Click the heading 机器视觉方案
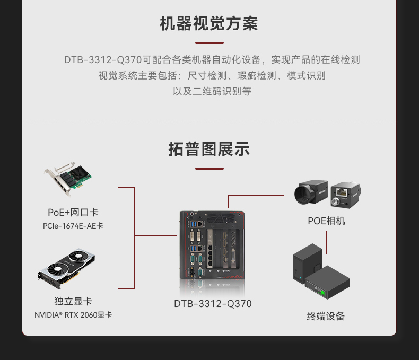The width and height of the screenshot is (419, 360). [209, 24]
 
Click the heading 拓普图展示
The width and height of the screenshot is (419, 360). [209, 149]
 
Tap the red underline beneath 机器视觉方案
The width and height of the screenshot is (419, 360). [209, 43]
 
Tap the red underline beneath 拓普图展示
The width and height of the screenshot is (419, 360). [209, 169]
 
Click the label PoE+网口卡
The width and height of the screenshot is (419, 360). [73, 213]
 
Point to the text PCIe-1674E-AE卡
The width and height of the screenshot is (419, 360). [73, 226]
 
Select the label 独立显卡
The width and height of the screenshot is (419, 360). [73, 301]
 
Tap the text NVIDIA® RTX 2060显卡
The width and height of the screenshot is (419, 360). [73, 315]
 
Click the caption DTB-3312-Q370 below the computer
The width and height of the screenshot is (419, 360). [213, 304]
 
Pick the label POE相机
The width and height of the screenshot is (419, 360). [326, 221]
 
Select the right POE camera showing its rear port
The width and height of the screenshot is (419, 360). [345, 195]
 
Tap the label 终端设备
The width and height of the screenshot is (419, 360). [326, 317]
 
